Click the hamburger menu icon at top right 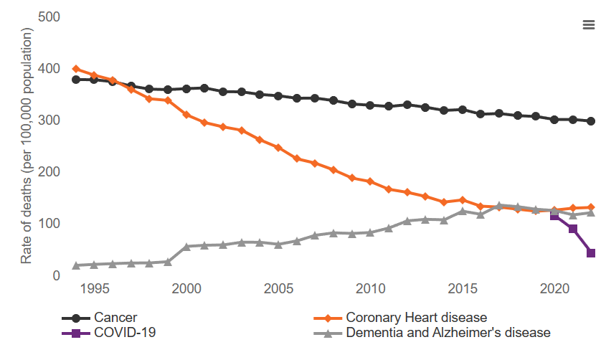point(589,25)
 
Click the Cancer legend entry point(115,317)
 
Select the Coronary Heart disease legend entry point(416,317)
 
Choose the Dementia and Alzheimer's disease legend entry point(448,333)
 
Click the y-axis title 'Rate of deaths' point(27,146)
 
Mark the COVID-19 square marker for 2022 point(591,253)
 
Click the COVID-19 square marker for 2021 point(573,229)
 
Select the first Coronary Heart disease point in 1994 point(76,69)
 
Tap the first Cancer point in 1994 point(76,80)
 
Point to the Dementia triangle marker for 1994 point(76,265)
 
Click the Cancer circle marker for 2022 point(591,121)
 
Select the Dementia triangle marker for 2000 point(186,247)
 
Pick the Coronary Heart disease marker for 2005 point(278,148)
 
